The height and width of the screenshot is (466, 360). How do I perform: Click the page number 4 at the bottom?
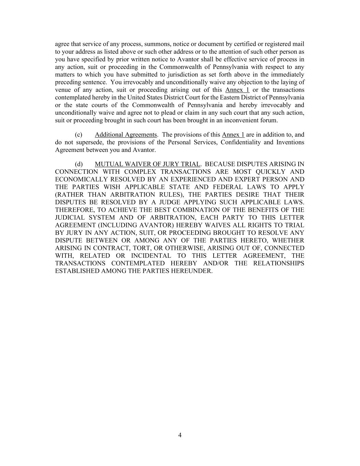[x=180, y=435]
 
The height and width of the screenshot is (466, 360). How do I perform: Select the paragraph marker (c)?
[x=78, y=135]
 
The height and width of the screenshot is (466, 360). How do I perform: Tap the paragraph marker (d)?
[x=79, y=164]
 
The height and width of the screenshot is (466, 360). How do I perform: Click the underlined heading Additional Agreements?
[x=126, y=135]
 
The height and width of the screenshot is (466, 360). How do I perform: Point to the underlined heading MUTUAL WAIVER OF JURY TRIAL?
[x=147, y=164]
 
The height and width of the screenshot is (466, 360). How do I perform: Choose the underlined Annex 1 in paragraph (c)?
[x=233, y=135]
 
